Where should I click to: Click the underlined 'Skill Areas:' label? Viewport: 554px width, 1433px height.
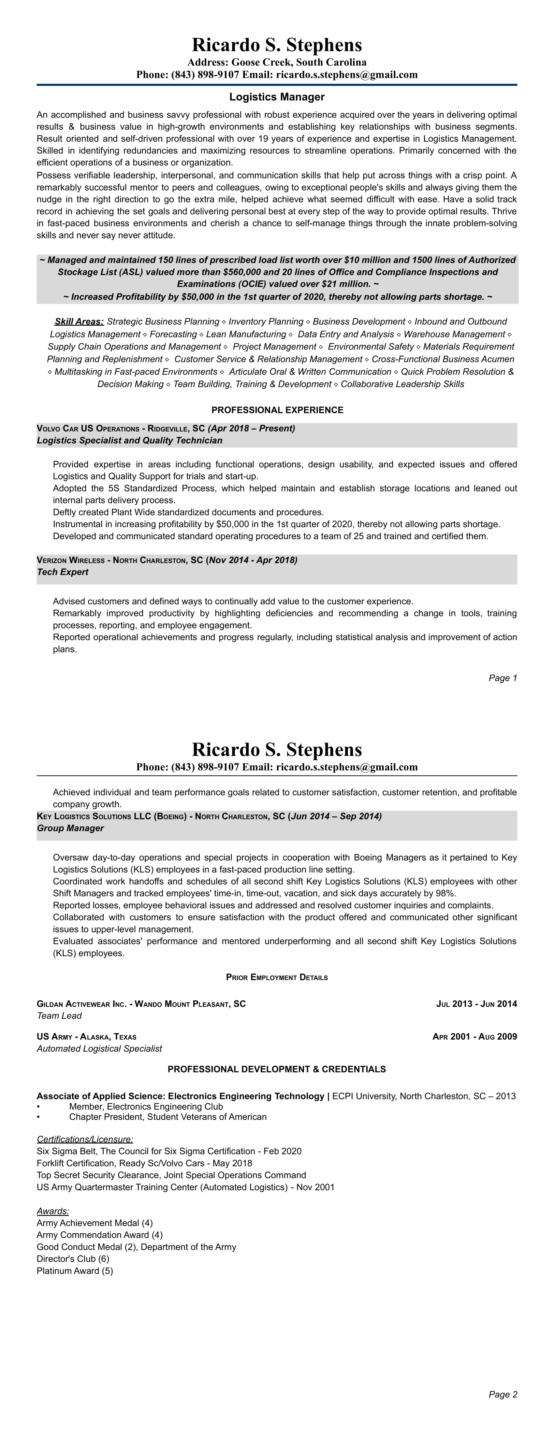[79, 321]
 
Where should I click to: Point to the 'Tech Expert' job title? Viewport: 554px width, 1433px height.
[62, 572]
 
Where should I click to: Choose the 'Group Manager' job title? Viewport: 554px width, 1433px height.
[70, 828]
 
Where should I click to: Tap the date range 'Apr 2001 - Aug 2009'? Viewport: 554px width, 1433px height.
[474, 1036]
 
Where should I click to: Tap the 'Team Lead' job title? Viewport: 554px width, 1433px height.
[59, 1016]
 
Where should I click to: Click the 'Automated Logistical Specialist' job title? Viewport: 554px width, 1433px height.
[99, 1049]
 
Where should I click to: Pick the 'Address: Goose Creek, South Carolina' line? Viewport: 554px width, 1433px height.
[277, 62]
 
